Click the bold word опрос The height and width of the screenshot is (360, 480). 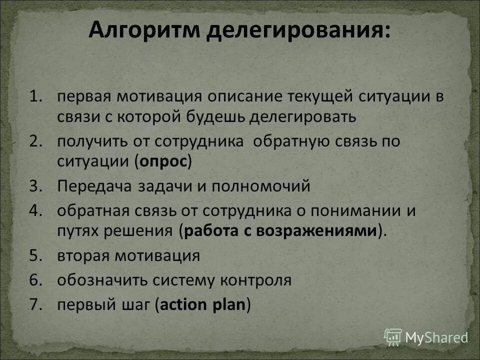164,162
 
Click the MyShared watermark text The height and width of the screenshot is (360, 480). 436,337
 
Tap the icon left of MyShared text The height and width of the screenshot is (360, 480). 392,336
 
